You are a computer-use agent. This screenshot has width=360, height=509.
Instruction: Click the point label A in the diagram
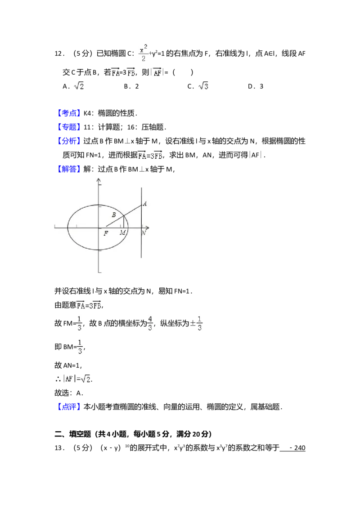click(x=144, y=204)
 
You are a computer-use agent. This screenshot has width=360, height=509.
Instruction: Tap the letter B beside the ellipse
click(x=114, y=215)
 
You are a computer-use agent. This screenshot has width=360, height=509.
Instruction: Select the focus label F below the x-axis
click(x=106, y=233)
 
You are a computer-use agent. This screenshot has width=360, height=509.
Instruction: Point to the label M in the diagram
click(x=122, y=232)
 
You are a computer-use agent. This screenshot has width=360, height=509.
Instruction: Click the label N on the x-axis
click(x=144, y=233)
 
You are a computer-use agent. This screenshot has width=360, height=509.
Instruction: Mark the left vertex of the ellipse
click(x=68, y=227)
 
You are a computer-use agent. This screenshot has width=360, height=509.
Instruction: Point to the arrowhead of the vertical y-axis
click(x=99, y=181)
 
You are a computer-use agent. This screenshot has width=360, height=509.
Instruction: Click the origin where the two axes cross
click(x=99, y=228)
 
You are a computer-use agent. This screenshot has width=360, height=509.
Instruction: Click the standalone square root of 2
click(x=79, y=86)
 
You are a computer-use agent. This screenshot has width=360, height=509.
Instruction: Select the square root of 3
click(x=203, y=86)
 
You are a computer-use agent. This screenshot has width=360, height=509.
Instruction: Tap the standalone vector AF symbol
click(x=157, y=72)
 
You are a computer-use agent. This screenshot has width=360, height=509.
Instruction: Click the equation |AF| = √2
click(x=77, y=379)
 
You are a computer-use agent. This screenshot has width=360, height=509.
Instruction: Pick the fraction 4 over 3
click(x=150, y=323)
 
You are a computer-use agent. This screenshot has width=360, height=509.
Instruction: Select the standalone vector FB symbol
click(x=131, y=72)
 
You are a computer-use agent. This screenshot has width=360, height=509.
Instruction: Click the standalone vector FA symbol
click(x=116, y=72)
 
